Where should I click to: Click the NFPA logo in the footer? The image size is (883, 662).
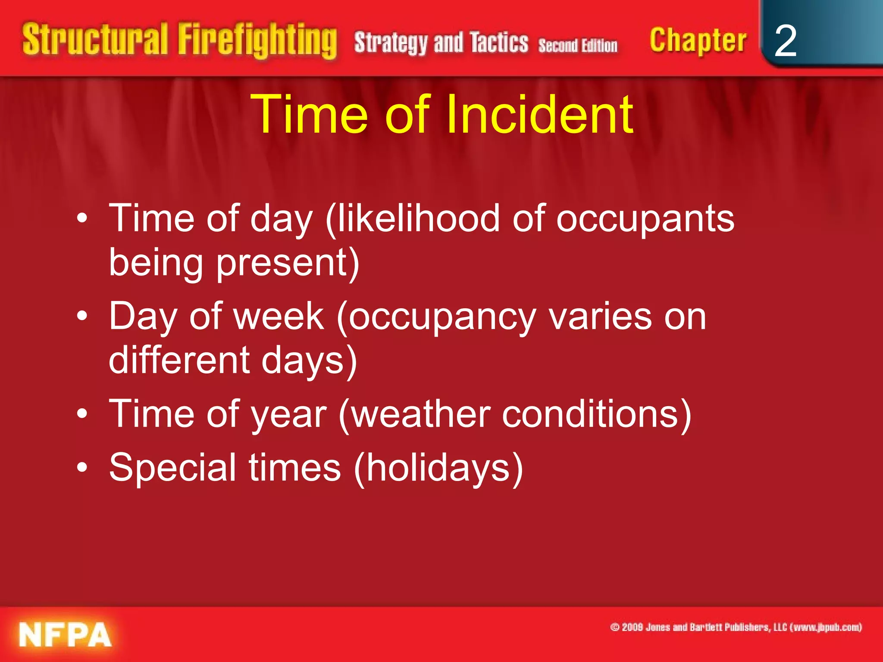point(65,634)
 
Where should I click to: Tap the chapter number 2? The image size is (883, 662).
point(785,41)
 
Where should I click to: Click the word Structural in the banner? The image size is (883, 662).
point(95,40)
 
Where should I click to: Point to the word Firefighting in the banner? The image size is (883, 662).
point(257,41)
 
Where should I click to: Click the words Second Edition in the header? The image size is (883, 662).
point(578,46)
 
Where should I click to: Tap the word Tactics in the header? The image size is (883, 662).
point(499,43)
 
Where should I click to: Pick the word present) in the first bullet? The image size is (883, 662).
point(288,263)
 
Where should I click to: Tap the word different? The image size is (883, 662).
point(179,360)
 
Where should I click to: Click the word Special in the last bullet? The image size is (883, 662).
point(172,468)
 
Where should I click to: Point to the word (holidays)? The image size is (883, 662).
point(438,468)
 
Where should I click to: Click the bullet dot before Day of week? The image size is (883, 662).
point(82,317)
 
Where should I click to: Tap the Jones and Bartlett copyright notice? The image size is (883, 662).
point(736,627)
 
